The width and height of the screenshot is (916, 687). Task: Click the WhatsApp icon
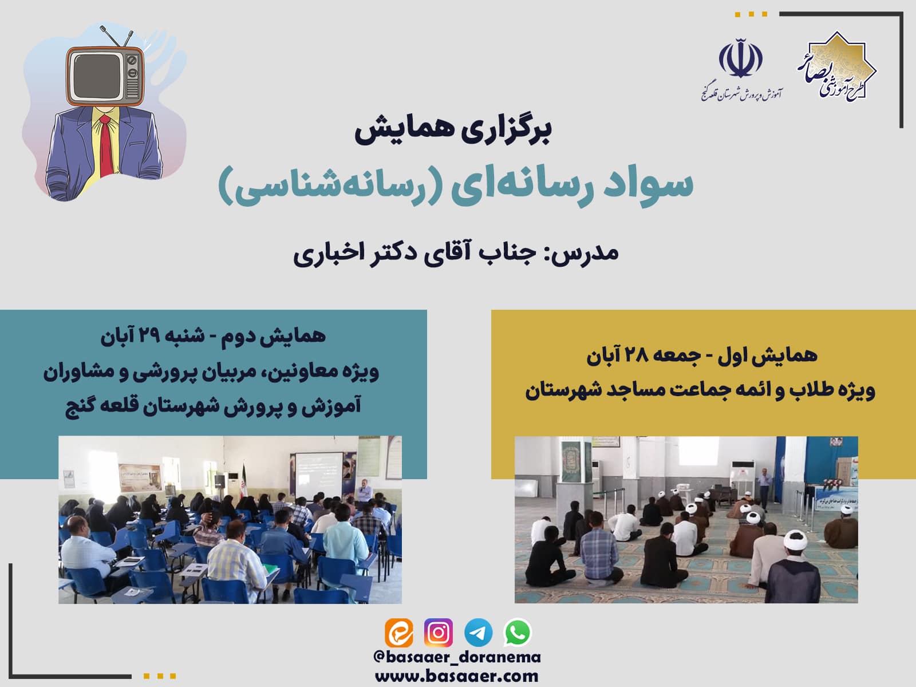518,633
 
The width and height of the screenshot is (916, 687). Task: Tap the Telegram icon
478,633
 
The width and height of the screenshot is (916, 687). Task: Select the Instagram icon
439,633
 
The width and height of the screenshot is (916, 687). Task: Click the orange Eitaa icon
399,633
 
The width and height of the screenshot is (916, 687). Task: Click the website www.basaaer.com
457,676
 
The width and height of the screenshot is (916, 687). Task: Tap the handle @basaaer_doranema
457,657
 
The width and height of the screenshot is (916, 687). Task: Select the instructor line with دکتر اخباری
456,254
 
